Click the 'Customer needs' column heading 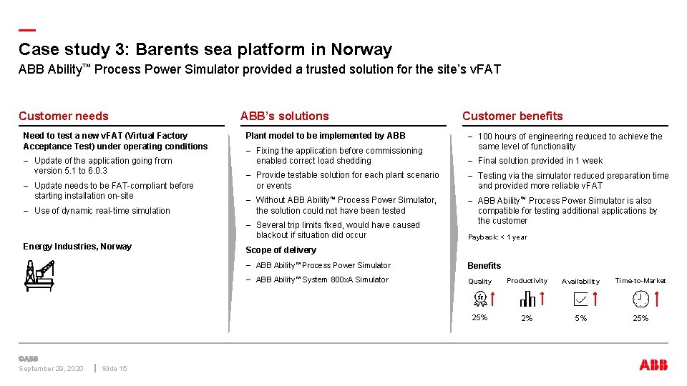(x=64, y=116)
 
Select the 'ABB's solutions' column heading (x=284, y=116)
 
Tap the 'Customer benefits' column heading (x=512, y=116)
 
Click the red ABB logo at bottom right (x=653, y=365)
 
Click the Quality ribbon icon (x=480, y=299)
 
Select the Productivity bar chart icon (x=527, y=299)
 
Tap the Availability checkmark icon (x=580, y=299)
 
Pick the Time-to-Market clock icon (x=640, y=299)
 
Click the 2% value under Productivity (x=527, y=318)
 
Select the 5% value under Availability (x=580, y=318)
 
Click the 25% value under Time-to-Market (x=640, y=318)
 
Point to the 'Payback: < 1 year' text (x=497, y=237)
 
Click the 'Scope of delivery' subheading (x=281, y=250)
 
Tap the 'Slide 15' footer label (x=114, y=369)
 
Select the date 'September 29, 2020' (x=51, y=369)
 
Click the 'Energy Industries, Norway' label (x=77, y=247)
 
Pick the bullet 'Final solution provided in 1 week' (x=540, y=161)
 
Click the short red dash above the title (x=26, y=30)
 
